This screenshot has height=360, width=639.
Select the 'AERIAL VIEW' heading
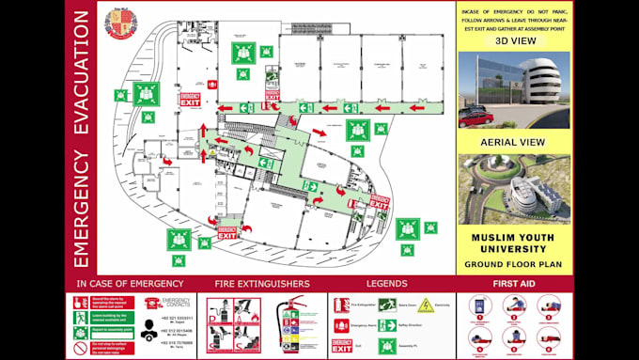pyautogui.click(x=513, y=141)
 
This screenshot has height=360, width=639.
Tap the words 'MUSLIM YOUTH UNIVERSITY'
pyautogui.click(x=514, y=243)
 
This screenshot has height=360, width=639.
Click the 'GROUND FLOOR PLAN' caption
pyautogui.click(x=514, y=264)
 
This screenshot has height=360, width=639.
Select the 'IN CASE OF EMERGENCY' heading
pyautogui.click(x=125, y=283)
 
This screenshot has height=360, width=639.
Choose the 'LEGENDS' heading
pyautogui.click(x=388, y=283)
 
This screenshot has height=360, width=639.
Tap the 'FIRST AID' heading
pyautogui.click(x=515, y=283)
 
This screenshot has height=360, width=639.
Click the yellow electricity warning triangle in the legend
pyautogui.click(x=426, y=305)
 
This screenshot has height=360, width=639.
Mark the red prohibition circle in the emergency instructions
pyautogui.click(x=81, y=347)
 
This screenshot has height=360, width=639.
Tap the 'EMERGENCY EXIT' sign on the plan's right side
pyautogui.click(x=378, y=201)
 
